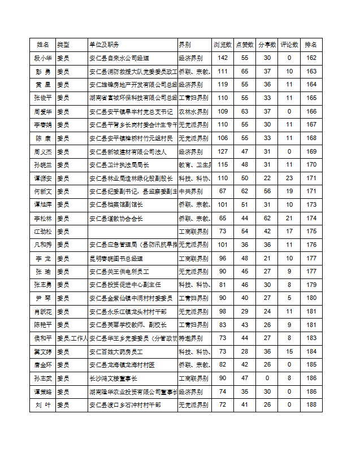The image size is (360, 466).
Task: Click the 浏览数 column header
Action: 222,44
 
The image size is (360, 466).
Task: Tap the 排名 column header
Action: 311,44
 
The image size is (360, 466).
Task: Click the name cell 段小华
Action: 43,58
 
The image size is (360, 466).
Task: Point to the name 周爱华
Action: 43,111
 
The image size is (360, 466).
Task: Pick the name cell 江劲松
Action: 43,231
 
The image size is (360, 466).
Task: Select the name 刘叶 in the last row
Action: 43,405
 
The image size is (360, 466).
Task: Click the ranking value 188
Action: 311,405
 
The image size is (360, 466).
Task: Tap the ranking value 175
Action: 311,231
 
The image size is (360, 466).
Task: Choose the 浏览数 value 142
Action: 223,58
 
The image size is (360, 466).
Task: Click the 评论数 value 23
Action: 289,178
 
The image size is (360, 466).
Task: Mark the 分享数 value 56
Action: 267,191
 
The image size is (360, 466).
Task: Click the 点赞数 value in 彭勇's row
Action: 245,71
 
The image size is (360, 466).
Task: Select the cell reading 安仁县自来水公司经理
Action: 119,58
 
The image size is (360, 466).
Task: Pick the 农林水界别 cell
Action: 193,111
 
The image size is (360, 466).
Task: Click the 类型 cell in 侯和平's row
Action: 72,338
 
